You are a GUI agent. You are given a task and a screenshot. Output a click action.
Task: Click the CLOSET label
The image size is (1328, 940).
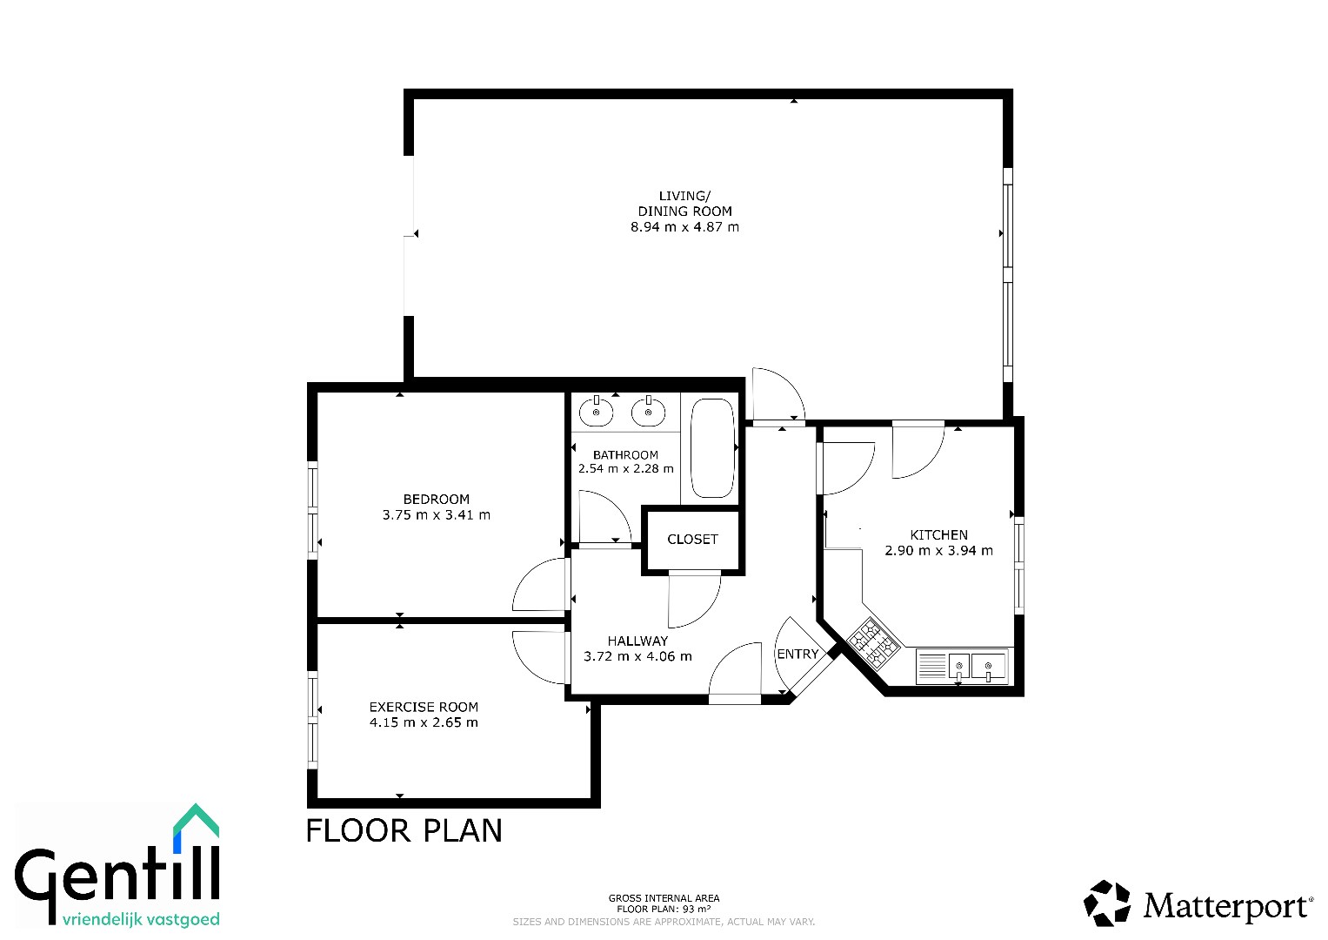(x=692, y=540)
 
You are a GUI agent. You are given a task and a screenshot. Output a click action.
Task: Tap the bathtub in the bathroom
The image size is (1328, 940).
(x=712, y=448)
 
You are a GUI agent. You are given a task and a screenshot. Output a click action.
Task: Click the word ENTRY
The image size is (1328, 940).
(x=797, y=654)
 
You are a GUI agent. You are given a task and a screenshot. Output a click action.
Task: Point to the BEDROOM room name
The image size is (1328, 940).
(x=437, y=499)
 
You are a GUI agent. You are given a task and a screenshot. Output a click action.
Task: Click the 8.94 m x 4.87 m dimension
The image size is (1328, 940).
(x=684, y=226)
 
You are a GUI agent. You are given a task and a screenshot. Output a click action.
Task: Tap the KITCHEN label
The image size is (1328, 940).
(x=939, y=534)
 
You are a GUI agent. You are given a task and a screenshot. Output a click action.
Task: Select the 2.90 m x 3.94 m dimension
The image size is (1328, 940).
(x=939, y=551)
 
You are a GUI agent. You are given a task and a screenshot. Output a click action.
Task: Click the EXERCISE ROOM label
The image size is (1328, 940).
(x=424, y=707)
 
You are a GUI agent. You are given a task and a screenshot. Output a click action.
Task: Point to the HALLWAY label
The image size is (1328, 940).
(x=638, y=641)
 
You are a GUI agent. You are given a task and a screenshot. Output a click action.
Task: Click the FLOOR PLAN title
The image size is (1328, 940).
(x=404, y=830)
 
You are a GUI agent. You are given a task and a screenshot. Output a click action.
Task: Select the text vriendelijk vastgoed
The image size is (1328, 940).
(x=141, y=919)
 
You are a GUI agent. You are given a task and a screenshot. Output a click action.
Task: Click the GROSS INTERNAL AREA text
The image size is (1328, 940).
(x=664, y=898)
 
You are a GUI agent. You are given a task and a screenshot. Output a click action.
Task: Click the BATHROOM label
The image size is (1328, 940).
(x=625, y=455)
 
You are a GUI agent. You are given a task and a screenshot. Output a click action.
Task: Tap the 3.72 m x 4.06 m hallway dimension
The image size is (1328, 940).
(x=638, y=656)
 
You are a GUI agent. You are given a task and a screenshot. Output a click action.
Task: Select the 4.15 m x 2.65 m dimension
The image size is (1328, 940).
(x=424, y=722)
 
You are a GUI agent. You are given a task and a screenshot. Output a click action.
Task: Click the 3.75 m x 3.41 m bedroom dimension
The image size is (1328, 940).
(x=437, y=515)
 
